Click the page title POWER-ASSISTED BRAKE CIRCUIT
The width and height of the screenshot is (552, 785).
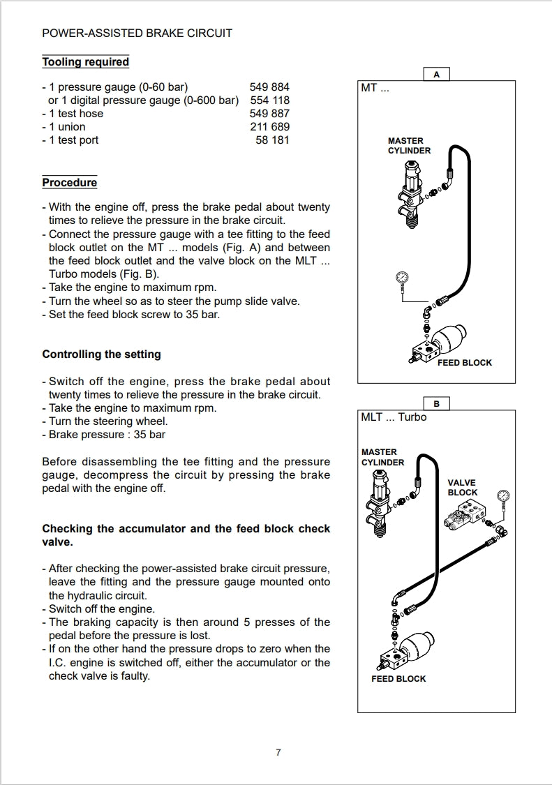tap(137, 33)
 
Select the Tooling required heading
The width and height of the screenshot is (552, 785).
tap(85, 62)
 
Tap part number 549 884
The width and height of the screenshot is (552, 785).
tap(269, 87)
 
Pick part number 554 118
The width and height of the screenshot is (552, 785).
tap(269, 100)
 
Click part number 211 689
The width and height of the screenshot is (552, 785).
tap(269, 127)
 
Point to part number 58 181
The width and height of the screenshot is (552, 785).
tap(273, 140)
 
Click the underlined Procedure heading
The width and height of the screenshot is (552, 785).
tap(69, 183)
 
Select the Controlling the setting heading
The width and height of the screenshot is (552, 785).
tap(101, 354)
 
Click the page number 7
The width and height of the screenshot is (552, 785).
tap(278, 752)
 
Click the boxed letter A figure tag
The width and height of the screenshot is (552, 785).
tap(437, 75)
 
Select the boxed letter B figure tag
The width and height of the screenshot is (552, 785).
tap(437, 404)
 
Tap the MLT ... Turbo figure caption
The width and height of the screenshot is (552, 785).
tap(394, 417)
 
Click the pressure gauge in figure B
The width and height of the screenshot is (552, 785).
tap(503, 498)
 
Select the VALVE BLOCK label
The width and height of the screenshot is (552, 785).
tap(462, 488)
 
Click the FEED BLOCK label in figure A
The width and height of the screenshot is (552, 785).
tap(464, 363)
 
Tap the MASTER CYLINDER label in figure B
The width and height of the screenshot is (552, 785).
tap(382, 457)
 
